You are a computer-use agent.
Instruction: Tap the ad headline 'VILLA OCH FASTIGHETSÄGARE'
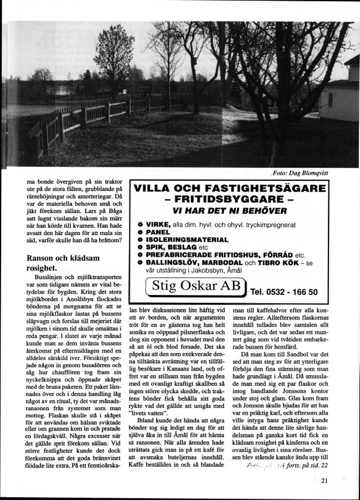pyautogui.click(x=230, y=190)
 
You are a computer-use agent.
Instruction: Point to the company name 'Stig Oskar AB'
pyautogui.click(x=194, y=286)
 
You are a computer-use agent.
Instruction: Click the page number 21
pyautogui.click(x=324, y=482)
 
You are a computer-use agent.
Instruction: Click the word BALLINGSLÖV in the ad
pyautogui.click(x=173, y=263)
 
